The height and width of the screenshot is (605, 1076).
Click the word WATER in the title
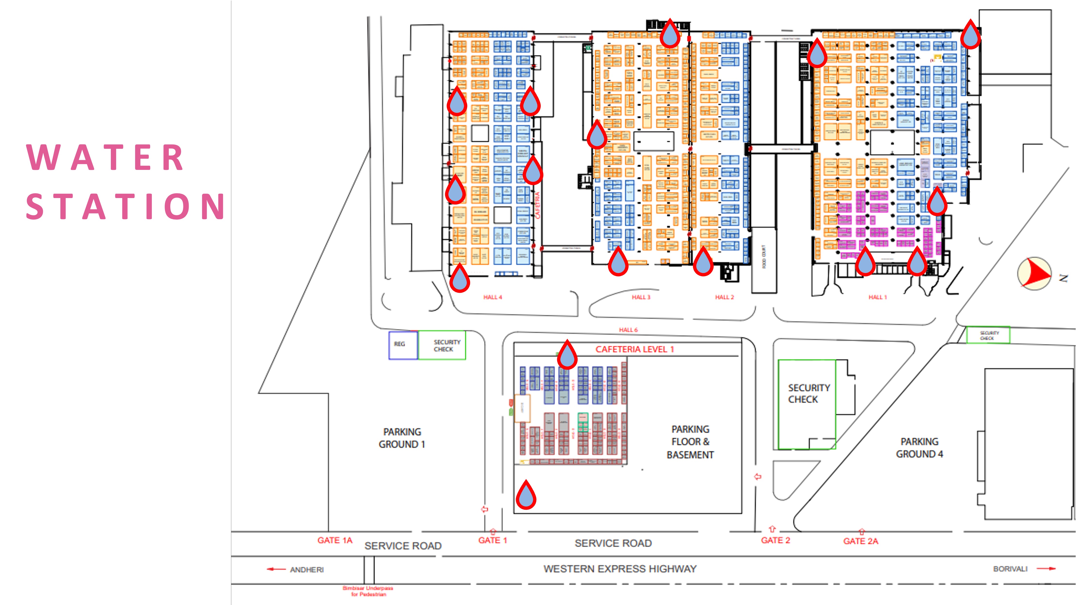[x=105, y=157]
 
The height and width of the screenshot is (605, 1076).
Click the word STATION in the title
[x=125, y=207]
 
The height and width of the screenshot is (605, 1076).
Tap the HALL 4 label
[x=492, y=297]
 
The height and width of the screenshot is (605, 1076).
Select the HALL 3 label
[x=641, y=297]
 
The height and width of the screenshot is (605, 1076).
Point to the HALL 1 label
[x=877, y=297]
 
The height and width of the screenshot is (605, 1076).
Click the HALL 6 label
[x=628, y=330]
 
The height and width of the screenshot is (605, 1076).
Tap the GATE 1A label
[x=334, y=540]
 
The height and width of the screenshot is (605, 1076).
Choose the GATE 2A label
[x=860, y=541]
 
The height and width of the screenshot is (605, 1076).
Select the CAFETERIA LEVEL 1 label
[x=635, y=349]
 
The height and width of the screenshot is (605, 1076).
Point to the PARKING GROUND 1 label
[x=402, y=438]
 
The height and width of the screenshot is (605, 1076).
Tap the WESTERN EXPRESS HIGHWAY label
[x=620, y=569]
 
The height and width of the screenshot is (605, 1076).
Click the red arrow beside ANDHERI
[x=276, y=569]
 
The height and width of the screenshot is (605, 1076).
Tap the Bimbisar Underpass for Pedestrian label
[x=367, y=591]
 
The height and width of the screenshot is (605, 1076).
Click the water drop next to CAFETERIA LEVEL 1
[x=567, y=355]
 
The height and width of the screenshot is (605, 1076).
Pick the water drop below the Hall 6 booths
[x=526, y=495]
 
